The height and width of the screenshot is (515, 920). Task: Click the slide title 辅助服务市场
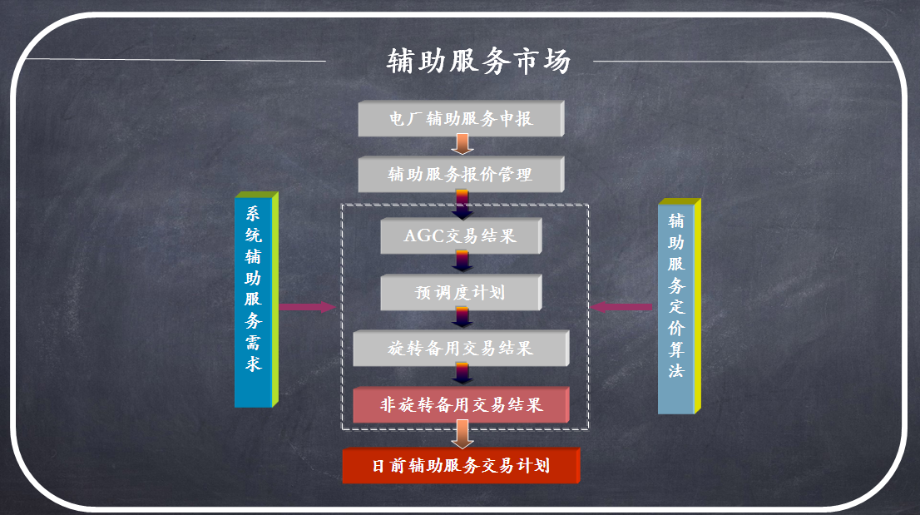pyautogui.click(x=479, y=62)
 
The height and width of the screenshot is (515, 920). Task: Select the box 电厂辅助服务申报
pyautogui.click(x=460, y=119)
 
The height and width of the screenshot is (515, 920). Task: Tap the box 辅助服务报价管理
pyautogui.click(x=460, y=175)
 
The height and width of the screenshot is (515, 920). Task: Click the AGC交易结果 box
pyautogui.click(x=460, y=236)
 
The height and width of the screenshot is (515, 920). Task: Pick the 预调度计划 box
pyautogui.click(x=460, y=293)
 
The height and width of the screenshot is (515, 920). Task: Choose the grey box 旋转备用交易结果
pyautogui.click(x=460, y=349)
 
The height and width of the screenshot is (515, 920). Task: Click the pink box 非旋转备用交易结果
pyautogui.click(x=460, y=405)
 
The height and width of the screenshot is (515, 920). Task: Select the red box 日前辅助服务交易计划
pyautogui.click(x=460, y=465)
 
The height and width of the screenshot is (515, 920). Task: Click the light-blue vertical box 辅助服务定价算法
pyautogui.click(x=677, y=308)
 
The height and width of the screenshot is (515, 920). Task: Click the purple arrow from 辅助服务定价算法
pyautogui.click(x=621, y=307)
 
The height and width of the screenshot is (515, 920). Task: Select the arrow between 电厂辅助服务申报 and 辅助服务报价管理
pyautogui.click(x=462, y=146)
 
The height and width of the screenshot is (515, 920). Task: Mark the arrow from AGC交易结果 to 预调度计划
pyautogui.click(x=462, y=264)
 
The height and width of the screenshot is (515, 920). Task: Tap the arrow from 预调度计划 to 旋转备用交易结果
pyautogui.click(x=462, y=319)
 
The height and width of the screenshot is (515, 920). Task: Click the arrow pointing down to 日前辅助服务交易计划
pyautogui.click(x=462, y=434)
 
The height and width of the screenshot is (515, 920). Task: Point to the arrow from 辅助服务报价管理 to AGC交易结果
pyautogui.click(x=462, y=204)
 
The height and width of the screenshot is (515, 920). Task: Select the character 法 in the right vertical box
pyautogui.click(x=677, y=371)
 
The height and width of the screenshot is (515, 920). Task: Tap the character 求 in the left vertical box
pyautogui.click(x=254, y=364)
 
